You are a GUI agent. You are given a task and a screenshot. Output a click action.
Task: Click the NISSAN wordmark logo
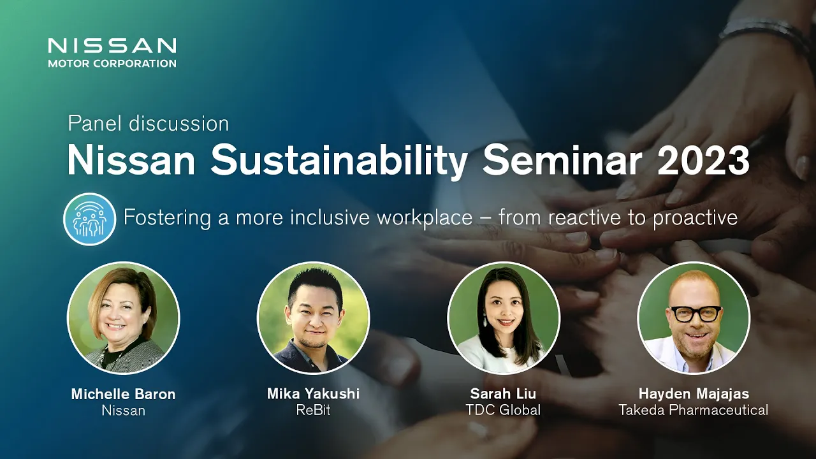[112, 46]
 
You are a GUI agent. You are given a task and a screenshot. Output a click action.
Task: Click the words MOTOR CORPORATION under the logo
[112, 63]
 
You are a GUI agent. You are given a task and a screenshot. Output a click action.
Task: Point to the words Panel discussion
[149, 124]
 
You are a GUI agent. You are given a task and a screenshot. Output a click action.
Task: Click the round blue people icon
[90, 219]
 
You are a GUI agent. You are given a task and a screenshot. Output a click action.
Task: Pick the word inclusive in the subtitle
[330, 217]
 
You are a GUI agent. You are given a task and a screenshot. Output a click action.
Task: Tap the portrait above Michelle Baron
[124, 318]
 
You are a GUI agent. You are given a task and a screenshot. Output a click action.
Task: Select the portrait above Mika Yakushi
[313, 318]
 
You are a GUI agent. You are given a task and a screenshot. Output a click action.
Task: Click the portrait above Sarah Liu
[504, 318]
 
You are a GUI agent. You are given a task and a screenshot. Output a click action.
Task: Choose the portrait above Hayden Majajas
[694, 318]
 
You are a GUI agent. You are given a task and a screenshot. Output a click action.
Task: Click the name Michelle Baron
[124, 394]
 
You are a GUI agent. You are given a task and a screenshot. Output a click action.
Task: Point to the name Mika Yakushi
[313, 394]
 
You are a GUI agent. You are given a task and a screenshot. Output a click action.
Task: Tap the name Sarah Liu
[503, 394]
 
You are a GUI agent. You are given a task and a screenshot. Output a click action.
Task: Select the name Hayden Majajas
[694, 394]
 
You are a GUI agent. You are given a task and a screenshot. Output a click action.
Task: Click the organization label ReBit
[313, 410]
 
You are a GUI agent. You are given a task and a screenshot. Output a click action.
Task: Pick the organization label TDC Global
[503, 410]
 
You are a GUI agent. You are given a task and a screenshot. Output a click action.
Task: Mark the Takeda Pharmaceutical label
[694, 410]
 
